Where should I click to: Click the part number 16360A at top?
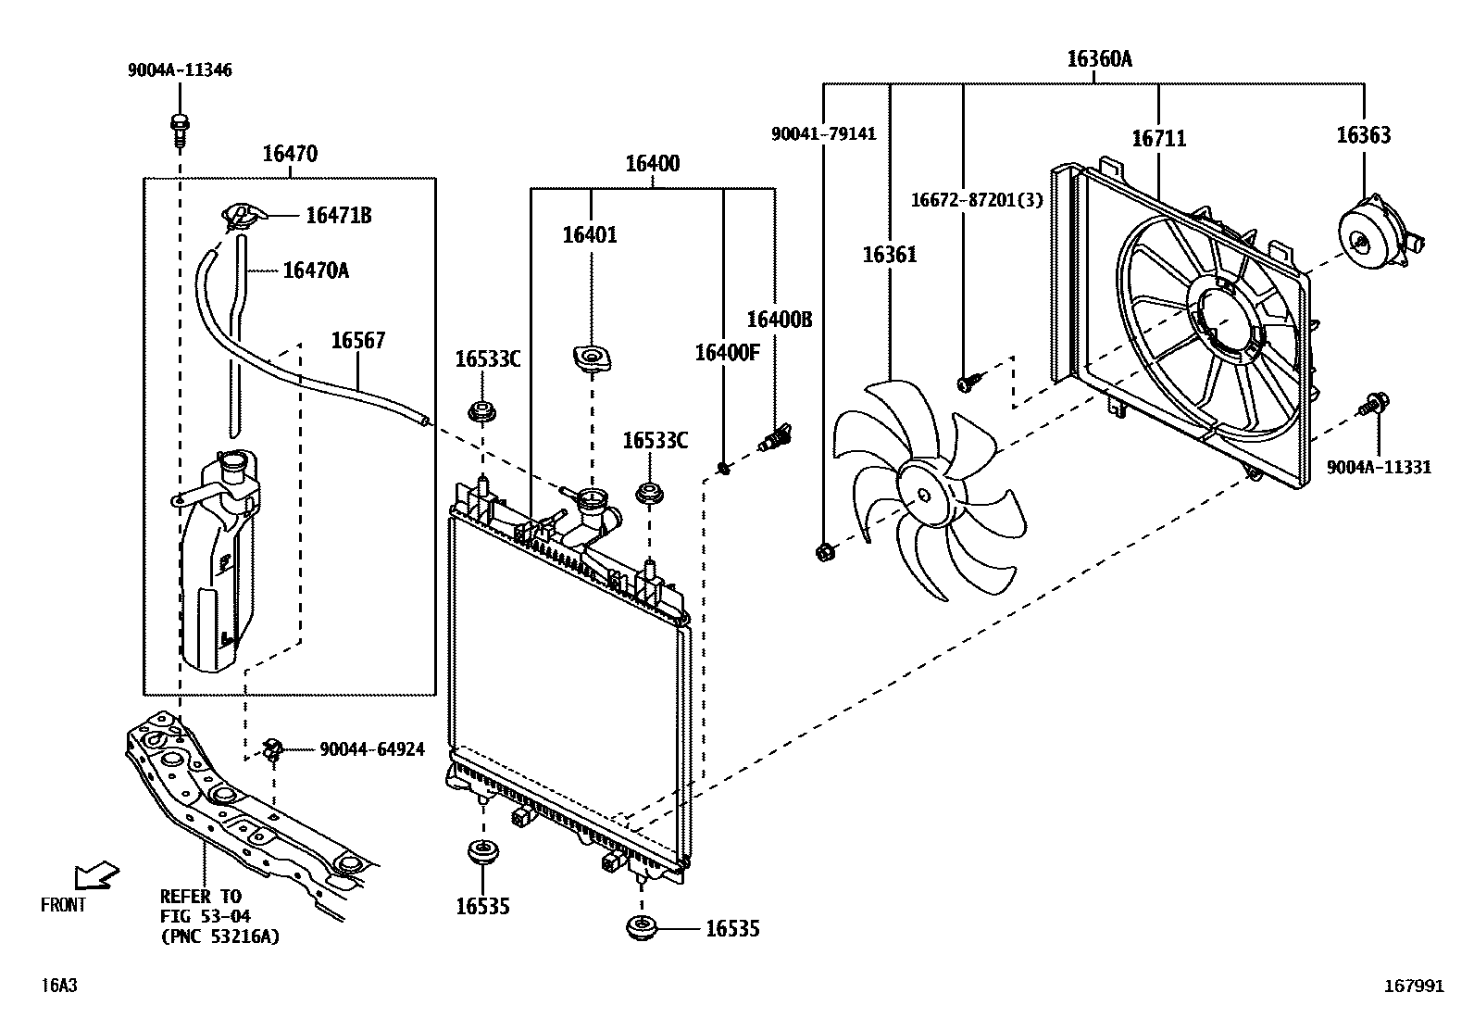[1098, 59]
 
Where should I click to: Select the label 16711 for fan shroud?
[1158, 139]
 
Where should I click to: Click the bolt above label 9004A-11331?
[1373, 404]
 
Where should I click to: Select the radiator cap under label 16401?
[591, 359]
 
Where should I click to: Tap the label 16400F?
[727, 353]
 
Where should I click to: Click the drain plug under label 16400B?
[774, 436]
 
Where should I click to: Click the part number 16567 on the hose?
[358, 342]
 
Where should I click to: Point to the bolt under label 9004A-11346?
[179, 129]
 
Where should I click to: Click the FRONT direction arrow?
[96, 874]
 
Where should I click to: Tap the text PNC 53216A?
[219, 936]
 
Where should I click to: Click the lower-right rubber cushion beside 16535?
[640, 927]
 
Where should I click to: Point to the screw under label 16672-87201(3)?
[968, 380]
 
